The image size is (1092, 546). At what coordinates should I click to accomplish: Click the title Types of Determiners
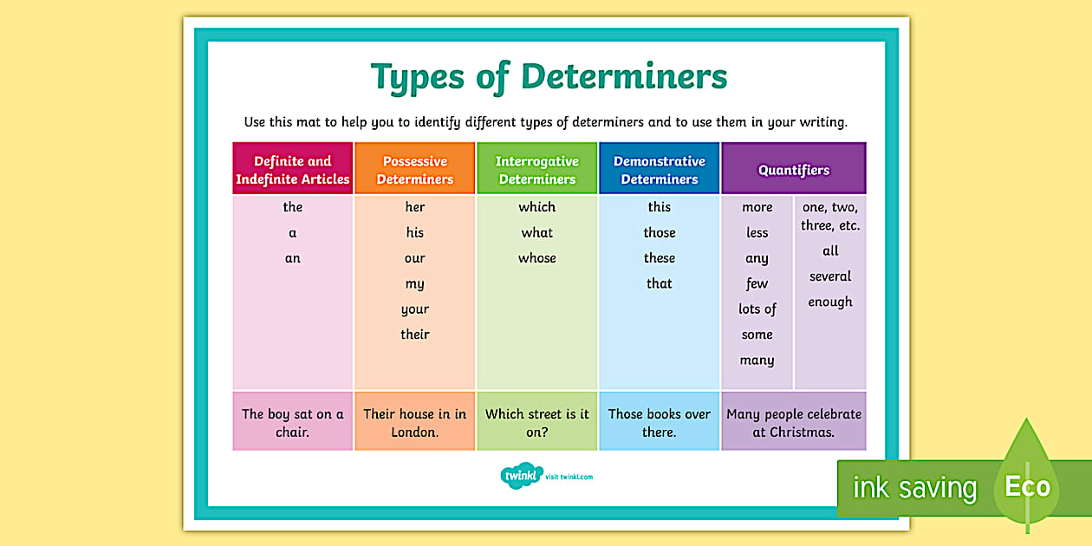click(549, 76)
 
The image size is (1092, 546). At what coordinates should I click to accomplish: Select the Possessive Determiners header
click(415, 170)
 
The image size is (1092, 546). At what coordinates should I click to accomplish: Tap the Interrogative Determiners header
click(537, 170)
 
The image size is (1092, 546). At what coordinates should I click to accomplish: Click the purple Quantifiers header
click(794, 170)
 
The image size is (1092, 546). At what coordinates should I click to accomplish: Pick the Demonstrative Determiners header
click(660, 170)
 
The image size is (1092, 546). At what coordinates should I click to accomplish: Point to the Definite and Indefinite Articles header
click(293, 170)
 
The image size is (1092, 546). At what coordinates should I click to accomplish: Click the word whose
click(537, 258)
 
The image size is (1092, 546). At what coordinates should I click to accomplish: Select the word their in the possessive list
click(415, 335)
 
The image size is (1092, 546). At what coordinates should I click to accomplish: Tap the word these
click(660, 258)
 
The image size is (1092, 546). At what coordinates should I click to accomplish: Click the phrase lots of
click(757, 309)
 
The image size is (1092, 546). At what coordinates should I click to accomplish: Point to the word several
click(830, 276)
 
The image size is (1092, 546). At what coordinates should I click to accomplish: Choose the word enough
click(830, 302)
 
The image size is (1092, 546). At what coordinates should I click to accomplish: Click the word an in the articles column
click(293, 258)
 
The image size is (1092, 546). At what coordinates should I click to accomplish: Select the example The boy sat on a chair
click(293, 423)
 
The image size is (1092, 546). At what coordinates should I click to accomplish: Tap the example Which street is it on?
click(537, 423)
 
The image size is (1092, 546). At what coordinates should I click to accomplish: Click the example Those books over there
click(660, 423)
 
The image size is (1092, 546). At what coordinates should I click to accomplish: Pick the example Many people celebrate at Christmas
click(794, 423)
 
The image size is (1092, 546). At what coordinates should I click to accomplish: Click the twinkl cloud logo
click(520, 476)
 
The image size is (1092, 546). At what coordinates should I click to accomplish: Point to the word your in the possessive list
click(415, 309)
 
